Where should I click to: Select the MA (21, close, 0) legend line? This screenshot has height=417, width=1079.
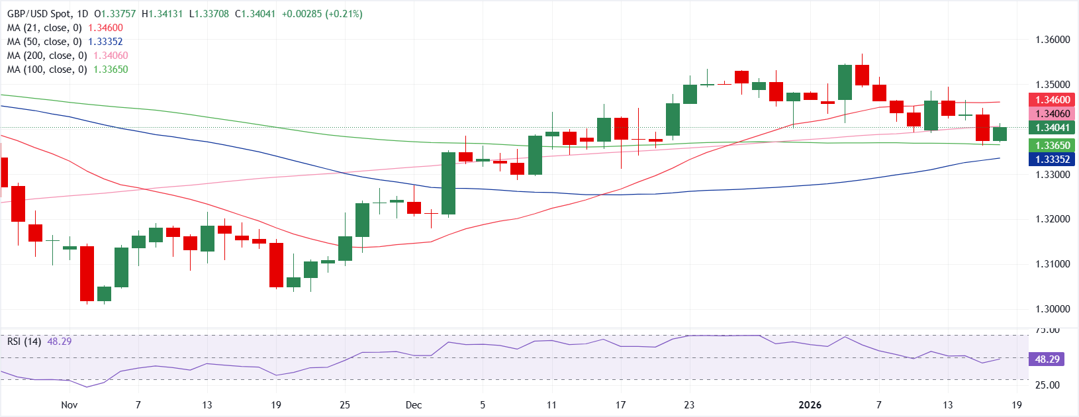click(65, 28)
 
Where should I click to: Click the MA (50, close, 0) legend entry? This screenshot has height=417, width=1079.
click(65, 42)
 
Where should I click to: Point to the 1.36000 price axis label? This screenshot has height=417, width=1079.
click(1053, 40)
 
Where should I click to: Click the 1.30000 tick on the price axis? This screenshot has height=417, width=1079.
click(1053, 309)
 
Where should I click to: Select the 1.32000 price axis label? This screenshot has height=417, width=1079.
click(1053, 219)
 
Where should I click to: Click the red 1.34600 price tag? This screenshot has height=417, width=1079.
click(1052, 100)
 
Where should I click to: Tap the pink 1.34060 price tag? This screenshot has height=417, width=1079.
click(1052, 114)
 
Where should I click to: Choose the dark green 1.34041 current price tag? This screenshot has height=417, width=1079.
click(1052, 128)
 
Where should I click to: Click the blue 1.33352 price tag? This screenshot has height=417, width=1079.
click(1052, 160)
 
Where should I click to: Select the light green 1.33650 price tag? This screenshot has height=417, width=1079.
click(1052, 146)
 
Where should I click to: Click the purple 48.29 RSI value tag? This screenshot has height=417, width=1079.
click(1047, 359)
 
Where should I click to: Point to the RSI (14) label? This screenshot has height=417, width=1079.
click(24, 342)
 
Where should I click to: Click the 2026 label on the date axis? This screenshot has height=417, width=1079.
click(810, 404)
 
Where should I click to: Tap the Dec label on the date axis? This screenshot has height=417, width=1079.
click(414, 404)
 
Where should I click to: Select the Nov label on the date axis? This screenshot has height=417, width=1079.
click(69, 404)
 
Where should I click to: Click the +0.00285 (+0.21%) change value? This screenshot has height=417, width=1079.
click(322, 14)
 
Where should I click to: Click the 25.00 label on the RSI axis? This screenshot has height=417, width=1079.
click(1047, 385)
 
